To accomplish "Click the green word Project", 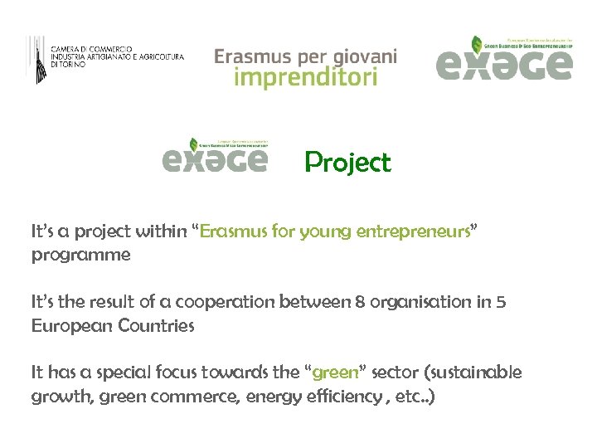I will click(x=347, y=163).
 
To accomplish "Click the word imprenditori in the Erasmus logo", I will click(x=306, y=78).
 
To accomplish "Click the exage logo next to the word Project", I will click(x=216, y=157).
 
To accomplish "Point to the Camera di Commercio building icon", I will click(x=37, y=59).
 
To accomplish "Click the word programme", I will click(x=81, y=255).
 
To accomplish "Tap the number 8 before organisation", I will click(x=360, y=302).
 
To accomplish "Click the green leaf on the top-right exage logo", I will click(x=477, y=44).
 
